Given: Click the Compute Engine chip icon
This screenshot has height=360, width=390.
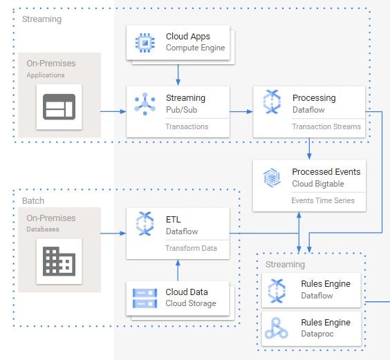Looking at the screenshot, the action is (145, 43).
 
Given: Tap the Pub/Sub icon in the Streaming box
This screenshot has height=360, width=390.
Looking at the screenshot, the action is (145, 104).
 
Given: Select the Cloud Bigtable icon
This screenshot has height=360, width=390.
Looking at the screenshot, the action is (272, 178).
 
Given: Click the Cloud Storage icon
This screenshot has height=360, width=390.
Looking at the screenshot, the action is (145, 298).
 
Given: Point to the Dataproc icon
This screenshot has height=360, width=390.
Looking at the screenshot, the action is (276, 328).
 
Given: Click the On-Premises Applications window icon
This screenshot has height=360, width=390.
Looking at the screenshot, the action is (59, 107).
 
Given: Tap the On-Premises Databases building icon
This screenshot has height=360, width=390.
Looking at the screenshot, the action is (59, 261).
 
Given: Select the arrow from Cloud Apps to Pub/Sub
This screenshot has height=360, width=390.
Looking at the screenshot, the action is (178, 75).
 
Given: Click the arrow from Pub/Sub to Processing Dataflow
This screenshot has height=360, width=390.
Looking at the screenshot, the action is (241, 112).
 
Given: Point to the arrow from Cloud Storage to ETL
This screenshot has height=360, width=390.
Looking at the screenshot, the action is (178, 270).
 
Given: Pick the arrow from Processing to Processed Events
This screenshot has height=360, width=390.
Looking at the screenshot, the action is (309, 149).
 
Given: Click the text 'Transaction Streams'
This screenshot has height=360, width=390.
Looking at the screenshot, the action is (326, 126).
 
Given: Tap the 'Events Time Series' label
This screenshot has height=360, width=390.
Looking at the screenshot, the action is (323, 200).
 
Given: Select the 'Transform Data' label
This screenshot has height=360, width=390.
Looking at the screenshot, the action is (191, 248).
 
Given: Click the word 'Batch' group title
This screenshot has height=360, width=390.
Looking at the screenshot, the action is (33, 200).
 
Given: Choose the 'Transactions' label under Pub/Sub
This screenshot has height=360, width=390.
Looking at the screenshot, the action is (187, 126).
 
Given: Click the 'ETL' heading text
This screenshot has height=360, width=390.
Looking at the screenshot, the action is (173, 220).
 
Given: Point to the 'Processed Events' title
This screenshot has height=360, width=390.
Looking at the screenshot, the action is (326, 172).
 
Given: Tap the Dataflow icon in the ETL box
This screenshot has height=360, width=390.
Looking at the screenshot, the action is (145, 223).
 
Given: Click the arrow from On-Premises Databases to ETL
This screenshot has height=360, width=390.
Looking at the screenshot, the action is (113, 233).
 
